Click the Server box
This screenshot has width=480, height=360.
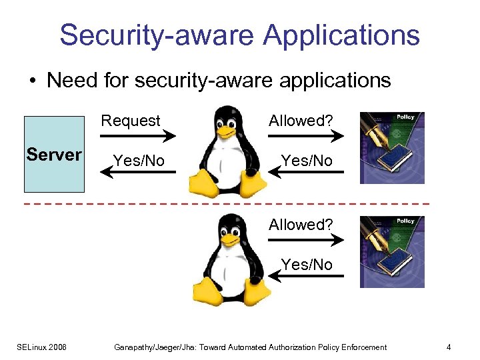(x=53, y=154)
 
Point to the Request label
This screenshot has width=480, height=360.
(x=131, y=121)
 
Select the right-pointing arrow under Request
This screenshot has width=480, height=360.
(x=137, y=136)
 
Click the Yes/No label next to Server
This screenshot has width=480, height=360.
(x=139, y=161)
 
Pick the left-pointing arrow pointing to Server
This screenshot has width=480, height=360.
(x=137, y=173)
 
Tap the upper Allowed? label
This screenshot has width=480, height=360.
(x=301, y=121)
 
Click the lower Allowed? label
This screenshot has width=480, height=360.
(x=301, y=225)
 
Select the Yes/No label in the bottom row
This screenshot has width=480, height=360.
(x=307, y=265)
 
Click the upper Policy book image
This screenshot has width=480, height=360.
(x=392, y=147)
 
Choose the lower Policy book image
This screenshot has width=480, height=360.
(x=392, y=251)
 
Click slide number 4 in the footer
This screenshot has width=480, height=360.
(x=449, y=347)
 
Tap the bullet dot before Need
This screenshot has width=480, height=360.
(x=32, y=81)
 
